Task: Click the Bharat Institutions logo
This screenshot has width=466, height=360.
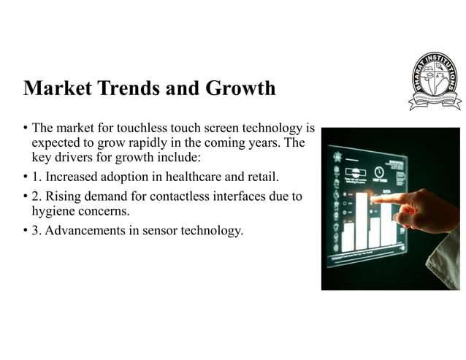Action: pos(435,81)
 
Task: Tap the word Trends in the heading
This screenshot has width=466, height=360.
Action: pos(137,88)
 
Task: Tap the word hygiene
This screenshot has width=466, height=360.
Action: pos(55,211)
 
